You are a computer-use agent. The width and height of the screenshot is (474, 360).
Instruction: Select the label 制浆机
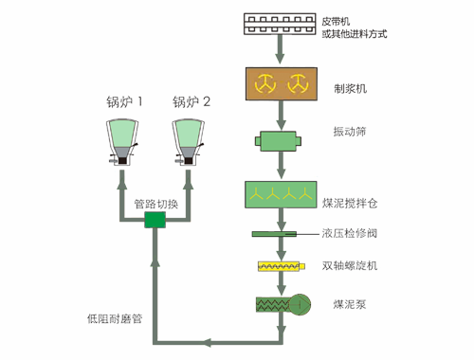pyautogui.click(x=350, y=88)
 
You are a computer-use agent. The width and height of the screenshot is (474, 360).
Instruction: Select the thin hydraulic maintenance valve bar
pyautogui.click(x=282, y=233)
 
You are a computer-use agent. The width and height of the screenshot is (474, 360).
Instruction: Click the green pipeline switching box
pyautogui.click(x=155, y=220)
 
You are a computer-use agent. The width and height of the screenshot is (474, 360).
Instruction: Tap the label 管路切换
pyautogui.click(x=155, y=203)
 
